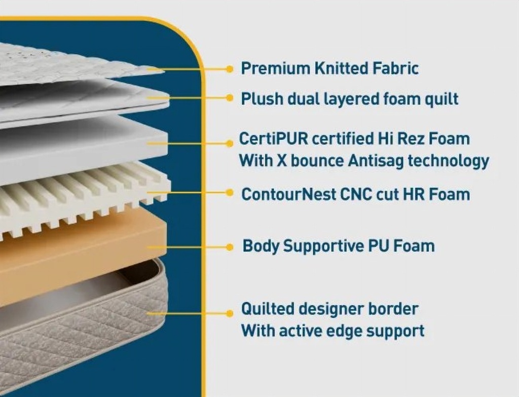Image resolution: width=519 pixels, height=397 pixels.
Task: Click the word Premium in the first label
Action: point(275,68)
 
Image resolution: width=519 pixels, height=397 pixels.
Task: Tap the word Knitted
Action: point(341,68)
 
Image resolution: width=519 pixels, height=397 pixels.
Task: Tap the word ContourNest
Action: point(288,194)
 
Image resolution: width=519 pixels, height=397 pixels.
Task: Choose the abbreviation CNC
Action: point(356,194)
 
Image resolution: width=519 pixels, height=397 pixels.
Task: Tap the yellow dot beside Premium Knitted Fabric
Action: point(230,69)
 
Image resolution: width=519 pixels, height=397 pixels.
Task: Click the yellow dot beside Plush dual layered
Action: point(230,98)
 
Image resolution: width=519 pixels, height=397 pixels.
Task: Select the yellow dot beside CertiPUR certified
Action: point(230,143)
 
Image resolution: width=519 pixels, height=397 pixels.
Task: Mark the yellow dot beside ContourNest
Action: point(230,193)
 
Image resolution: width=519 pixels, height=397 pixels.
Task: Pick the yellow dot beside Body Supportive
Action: point(230,247)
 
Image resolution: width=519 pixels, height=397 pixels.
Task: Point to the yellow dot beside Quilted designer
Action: point(230,313)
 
